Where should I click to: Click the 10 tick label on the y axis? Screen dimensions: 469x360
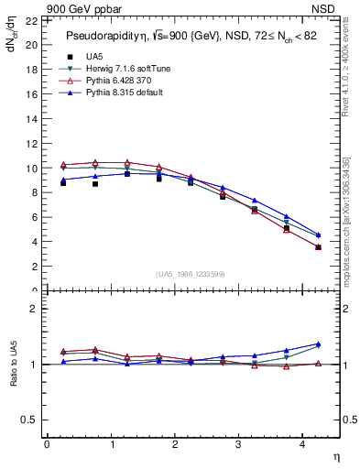(x=32, y=169)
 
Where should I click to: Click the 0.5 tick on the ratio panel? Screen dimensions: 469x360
(x=30, y=420)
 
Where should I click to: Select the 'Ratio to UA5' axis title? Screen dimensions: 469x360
(x=14, y=365)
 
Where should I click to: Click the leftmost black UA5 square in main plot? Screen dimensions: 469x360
(x=63, y=182)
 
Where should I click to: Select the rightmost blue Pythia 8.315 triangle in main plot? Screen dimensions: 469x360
(x=318, y=234)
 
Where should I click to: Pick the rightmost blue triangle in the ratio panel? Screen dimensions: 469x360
(x=318, y=344)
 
